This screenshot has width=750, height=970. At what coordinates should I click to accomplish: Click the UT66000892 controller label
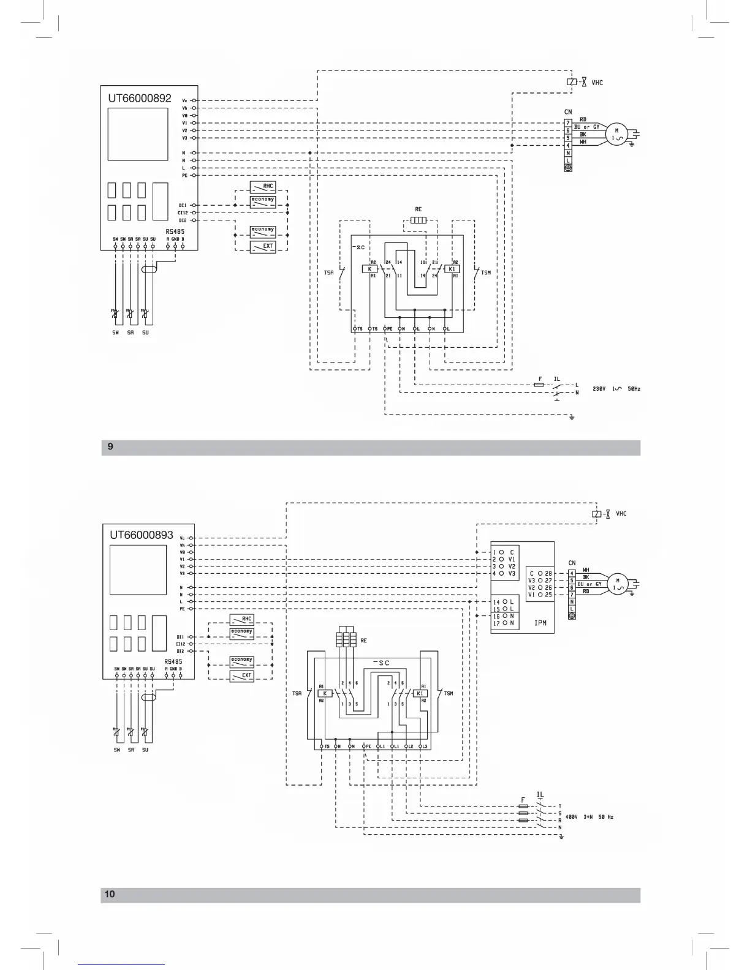pos(140,98)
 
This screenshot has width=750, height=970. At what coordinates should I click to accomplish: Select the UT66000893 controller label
pos(142,535)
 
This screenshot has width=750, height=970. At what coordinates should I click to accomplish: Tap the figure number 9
pos(110,446)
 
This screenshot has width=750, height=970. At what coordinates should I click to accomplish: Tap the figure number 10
pos(110,894)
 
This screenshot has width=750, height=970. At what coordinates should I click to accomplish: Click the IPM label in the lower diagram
pos(540,623)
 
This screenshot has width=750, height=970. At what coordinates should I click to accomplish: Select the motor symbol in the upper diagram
pos(617,134)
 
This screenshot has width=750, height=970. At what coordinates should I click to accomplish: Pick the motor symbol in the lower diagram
pos(617,584)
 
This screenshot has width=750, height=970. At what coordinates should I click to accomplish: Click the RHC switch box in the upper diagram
pos(263,186)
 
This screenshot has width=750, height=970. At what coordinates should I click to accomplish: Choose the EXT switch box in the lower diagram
pos(242,676)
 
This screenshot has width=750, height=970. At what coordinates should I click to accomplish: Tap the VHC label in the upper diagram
pos(597,83)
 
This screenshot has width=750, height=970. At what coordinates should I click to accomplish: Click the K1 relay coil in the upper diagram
pos(452,269)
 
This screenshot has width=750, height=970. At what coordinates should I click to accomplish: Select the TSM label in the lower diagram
pos(449,694)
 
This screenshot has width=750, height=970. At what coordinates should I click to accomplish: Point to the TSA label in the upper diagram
pos(329,273)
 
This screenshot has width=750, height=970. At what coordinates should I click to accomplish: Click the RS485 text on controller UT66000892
pos(175,231)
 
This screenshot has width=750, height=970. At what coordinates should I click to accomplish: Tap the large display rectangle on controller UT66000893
pos(138,570)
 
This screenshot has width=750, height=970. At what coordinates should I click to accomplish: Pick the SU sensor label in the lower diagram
pos(145,750)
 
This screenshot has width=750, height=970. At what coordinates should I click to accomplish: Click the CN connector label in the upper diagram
pos(568,112)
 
